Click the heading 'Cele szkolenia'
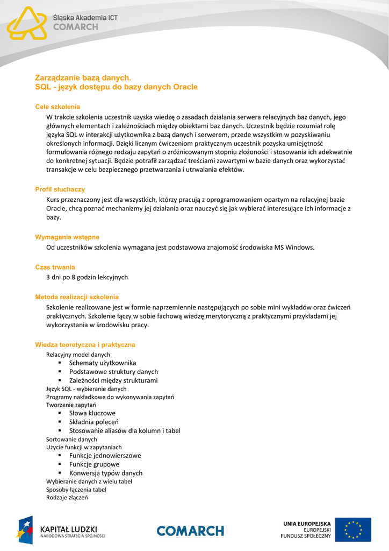click(57, 107)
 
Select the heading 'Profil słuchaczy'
click(60, 189)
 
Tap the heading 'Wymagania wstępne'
click(67, 237)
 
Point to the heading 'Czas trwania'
click(55, 267)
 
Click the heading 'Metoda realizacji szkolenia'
click(77, 297)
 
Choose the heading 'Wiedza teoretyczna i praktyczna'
click(85, 344)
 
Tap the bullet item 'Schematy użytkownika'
click(103, 363)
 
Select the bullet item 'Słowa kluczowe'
click(92, 413)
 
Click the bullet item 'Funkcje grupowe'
click(94, 464)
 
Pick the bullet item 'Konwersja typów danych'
click(106, 473)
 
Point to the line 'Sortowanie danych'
click(71, 439)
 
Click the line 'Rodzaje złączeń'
click(67, 498)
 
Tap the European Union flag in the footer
click(353, 529)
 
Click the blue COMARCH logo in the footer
click(190, 531)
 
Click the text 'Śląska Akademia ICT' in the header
click(85, 18)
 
